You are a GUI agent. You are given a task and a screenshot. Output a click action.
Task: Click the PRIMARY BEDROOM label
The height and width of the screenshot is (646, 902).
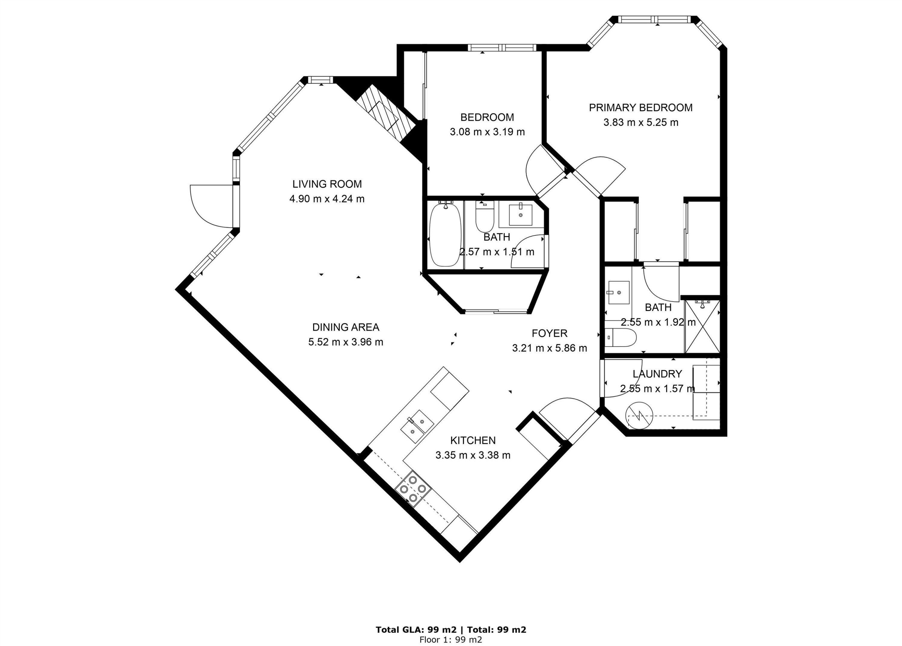[x=640, y=108]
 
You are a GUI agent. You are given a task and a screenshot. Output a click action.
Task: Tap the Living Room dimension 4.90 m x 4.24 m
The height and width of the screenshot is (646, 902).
[x=327, y=199]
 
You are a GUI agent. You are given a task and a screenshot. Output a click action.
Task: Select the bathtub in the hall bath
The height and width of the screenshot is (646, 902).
[x=445, y=235]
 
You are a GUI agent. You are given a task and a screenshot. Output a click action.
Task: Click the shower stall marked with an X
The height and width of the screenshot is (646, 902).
[x=702, y=327]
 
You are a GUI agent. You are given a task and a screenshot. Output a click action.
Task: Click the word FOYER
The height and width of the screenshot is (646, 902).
[x=549, y=333]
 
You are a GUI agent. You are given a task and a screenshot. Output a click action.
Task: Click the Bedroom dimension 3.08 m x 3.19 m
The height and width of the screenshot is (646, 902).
[x=487, y=132]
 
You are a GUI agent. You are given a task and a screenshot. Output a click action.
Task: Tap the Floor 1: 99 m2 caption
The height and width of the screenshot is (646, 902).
[x=451, y=640]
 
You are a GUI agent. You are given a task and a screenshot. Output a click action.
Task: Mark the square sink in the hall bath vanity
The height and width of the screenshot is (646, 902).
[x=520, y=215]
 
